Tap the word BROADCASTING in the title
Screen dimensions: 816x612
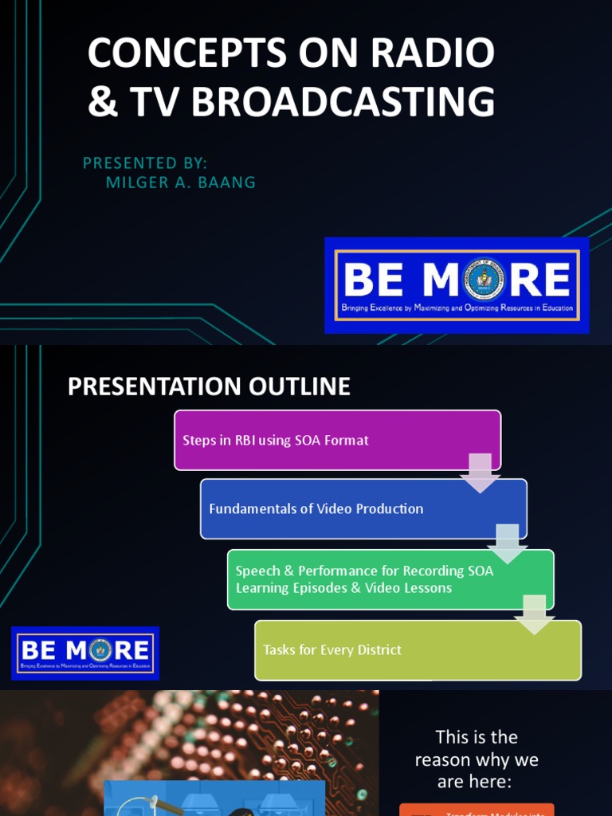(x=343, y=102)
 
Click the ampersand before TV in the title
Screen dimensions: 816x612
(x=102, y=102)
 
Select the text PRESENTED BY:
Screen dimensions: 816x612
(x=145, y=163)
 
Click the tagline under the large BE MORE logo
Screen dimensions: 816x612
(x=457, y=308)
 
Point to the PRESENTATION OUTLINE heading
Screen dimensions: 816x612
(x=209, y=386)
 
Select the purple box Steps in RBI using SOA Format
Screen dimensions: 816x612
(x=337, y=440)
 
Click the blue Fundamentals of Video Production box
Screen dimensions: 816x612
(x=363, y=508)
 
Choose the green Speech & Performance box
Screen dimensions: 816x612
(x=390, y=579)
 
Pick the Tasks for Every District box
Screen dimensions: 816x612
(x=418, y=650)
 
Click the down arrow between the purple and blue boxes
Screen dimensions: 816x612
(x=481, y=472)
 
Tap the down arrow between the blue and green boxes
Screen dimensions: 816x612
(x=508, y=542)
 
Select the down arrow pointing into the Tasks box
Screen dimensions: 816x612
(x=535, y=614)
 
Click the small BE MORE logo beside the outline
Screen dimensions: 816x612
(x=85, y=653)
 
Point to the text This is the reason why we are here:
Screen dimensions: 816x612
(x=477, y=759)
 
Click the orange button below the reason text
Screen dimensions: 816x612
(x=477, y=809)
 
